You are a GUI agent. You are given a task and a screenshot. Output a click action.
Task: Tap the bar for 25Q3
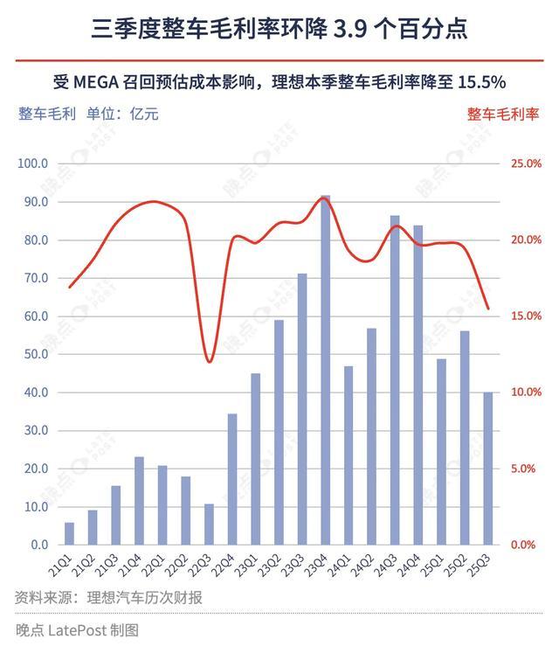pos(487,468)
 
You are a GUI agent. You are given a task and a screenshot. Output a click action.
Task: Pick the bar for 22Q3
pos(209,524)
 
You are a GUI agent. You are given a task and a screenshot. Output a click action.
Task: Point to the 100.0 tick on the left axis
pos(32,163)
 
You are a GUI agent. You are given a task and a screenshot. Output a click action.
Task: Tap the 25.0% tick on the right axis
pos(527,163)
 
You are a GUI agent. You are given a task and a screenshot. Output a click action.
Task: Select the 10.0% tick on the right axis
pos(527,392)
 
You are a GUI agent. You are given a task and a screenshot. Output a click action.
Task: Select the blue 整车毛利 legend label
pos(46,113)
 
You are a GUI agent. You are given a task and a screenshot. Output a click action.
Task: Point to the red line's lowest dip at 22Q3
pos(209,361)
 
